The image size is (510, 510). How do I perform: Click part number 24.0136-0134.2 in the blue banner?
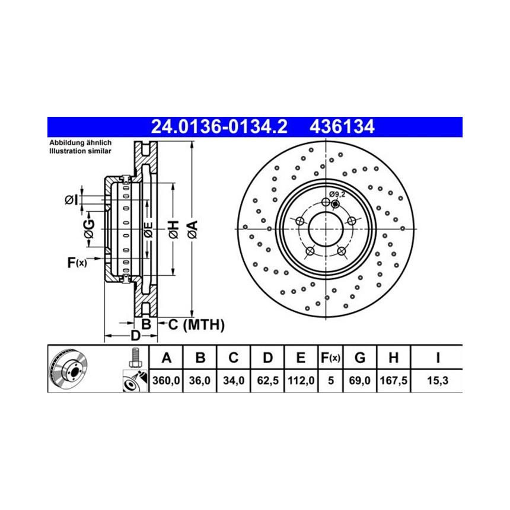click(x=219, y=127)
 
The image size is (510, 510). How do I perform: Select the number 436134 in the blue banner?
click(x=342, y=127)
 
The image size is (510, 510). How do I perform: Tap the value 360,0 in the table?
click(x=166, y=380)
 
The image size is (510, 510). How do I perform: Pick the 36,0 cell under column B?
click(x=200, y=380)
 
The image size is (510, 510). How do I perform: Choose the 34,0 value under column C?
click(x=234, y=380)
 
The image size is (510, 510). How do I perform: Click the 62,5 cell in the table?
click(x=267, y=380)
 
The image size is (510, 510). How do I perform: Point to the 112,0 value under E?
click(x=301, y=380)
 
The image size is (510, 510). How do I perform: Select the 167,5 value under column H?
click(x=394, y=380)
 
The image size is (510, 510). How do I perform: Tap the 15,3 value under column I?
click(x=438, y=380)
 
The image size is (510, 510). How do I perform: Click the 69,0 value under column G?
click(x=360, y=380)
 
